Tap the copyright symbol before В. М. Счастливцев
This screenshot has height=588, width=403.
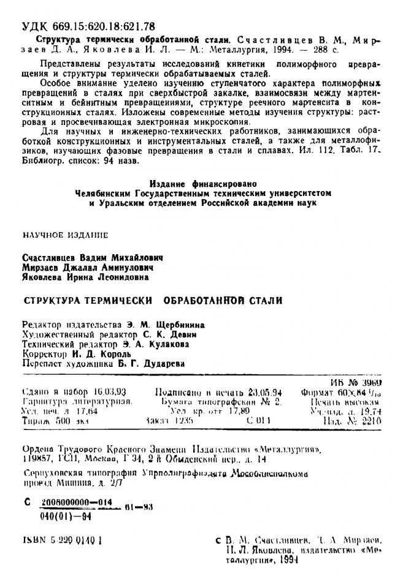coord(218,541)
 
